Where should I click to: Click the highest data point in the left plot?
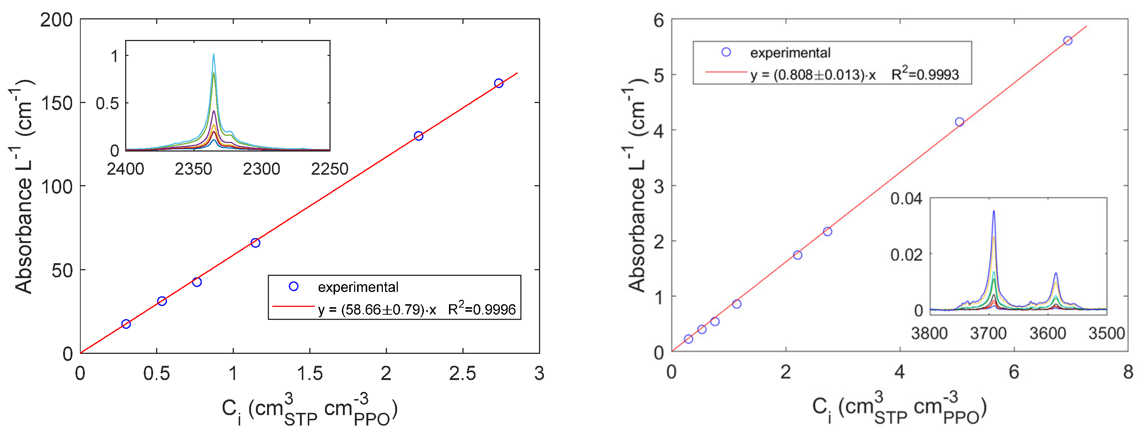(x=499, y=83)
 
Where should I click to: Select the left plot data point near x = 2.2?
(x=418, y=136)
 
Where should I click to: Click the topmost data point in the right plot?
(x=1068, y=41)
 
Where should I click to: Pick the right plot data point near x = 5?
(x=960, y=122)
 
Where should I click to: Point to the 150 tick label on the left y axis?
(x=56, y=103)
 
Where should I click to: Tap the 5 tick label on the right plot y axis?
(x=659, y=75)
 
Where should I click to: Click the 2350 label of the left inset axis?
(x=193, y=169)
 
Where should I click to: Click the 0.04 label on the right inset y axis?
(x=906, y=199)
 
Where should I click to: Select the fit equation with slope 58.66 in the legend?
(x=377, y=309)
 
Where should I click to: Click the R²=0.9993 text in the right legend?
(x=925, y=75)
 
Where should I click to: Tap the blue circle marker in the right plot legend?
(x=726, y=52)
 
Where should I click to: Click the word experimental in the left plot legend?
(x=358, y=287)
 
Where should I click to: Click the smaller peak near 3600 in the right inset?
(x=1056, y=274)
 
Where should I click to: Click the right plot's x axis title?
(x=899, y=408)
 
